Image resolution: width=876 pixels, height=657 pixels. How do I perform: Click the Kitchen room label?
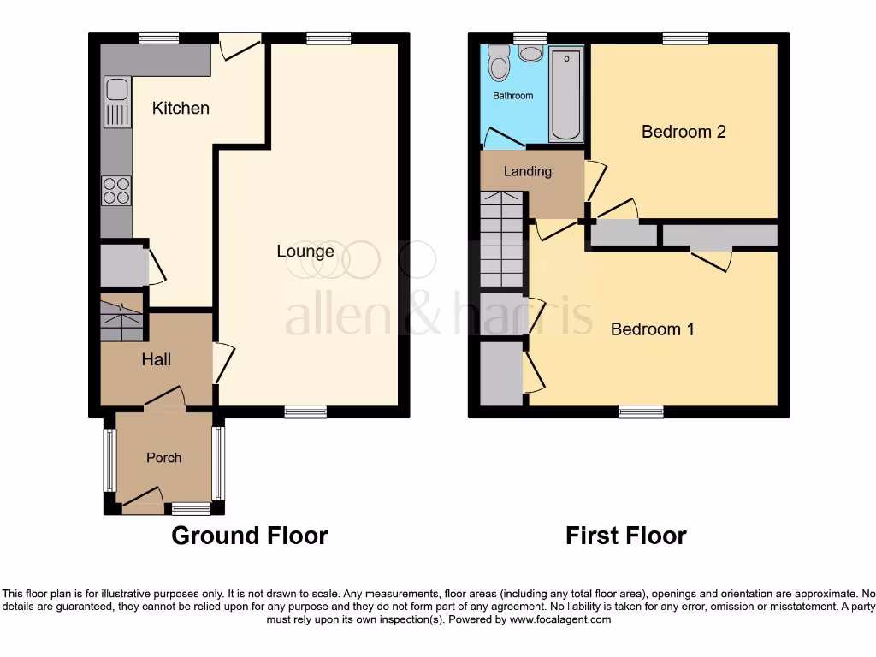point(181,108)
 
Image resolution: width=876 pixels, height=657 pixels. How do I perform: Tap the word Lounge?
point(305,252)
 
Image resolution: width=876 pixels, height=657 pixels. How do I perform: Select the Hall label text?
point(157,359)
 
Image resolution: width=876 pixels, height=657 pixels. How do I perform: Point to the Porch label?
point(163,458)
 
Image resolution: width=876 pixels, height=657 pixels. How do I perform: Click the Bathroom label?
point(512,96)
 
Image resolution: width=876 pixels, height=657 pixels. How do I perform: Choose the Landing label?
point(527,171)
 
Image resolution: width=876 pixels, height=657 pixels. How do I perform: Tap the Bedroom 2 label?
point(684,132)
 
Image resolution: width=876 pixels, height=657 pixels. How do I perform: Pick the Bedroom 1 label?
point(652,328)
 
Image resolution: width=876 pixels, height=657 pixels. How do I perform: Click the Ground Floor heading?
point(250,536)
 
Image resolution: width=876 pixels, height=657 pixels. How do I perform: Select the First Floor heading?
point(626,536)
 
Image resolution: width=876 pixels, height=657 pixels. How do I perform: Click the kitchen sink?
point(116,102)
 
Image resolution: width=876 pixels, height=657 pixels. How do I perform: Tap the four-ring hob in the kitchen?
point(116,190)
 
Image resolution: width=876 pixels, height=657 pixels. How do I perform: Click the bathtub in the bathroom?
point(565,95)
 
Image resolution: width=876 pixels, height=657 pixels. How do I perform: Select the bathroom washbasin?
point(531,54)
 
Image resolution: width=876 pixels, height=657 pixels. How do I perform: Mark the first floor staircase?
point(500,240)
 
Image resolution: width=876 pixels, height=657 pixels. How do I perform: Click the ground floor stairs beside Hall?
point(121,320)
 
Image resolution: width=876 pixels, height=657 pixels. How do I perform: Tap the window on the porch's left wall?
point(109,460)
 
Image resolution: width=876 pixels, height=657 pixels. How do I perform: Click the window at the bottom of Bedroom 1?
point(641,411)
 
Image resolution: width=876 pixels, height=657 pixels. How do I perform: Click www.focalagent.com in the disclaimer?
point(559,619)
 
